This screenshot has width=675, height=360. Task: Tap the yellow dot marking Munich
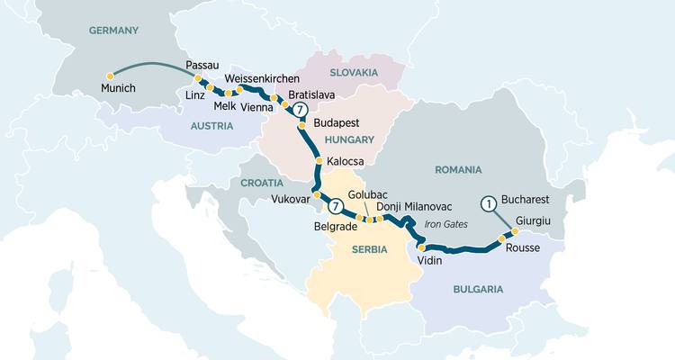coord(110,76)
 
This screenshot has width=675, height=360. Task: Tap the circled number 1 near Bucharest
coord(489,203)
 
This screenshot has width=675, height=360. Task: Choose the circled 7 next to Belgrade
coord(335,206)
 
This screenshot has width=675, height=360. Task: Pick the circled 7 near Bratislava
coord(301,111)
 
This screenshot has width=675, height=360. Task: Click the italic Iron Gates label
coord(446,224)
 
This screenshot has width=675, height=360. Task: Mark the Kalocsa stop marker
coord(319,162)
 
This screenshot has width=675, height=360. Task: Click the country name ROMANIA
coord(459,169)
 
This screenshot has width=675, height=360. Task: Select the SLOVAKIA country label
coord(354,72)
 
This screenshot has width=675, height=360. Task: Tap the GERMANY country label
coord(113,31)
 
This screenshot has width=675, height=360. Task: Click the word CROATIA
coord(262,183)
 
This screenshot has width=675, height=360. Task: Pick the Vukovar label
coord(290,199)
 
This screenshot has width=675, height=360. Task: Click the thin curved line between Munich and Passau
coord(153,64)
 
